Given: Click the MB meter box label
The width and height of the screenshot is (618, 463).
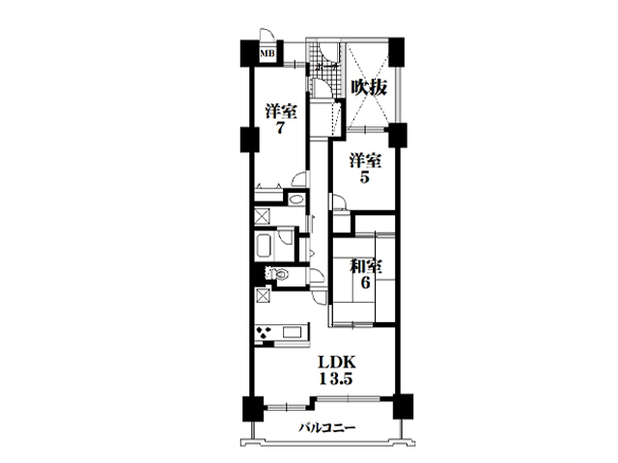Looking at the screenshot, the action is point(267,53).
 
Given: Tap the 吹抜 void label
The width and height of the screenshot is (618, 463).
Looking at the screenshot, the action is point(369,88).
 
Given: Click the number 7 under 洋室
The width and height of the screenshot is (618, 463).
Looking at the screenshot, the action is point(280,128).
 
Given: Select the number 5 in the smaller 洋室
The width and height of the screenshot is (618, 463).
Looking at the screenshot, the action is point(365,177).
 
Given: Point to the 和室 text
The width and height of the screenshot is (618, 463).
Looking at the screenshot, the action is point(366,266).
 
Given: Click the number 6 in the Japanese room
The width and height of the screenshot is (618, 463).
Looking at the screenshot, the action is point(365,283).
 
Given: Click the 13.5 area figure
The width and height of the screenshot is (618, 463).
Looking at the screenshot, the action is point(335,379).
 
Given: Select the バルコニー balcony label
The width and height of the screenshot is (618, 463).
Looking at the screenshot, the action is point(327,427).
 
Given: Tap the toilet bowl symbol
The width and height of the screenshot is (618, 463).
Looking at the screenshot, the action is point(279,273).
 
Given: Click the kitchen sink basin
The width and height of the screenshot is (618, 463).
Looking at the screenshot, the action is point(294,332).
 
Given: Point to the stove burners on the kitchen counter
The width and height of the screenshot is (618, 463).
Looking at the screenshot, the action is point(264,332).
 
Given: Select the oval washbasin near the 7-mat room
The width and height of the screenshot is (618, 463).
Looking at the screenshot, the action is point(295,200).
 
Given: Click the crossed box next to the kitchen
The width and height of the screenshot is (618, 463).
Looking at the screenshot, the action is point(263,295).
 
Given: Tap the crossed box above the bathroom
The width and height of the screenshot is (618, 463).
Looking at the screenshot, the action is point(262,217).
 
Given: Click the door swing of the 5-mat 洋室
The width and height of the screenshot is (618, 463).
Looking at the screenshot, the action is point(339,202).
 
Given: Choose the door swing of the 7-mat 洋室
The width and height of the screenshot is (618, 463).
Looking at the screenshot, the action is point(298,179).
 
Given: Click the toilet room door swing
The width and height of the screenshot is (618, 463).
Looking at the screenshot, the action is point(317,275).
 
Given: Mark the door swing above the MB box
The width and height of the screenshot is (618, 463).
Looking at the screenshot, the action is point(267,35).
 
